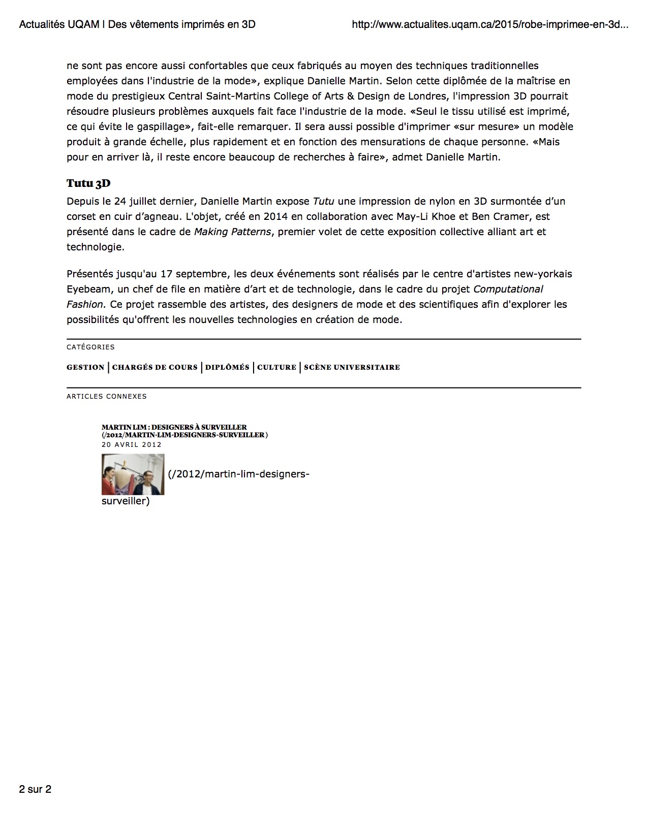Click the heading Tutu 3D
(x=88, y=184)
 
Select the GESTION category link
(x=85, y=367)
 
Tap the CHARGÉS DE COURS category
(x=155, y=367)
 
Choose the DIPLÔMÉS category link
(x=227, y=367)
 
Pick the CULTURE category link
(x=276, y=367)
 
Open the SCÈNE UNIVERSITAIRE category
(x=352, y=367)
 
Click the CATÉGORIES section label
(x=90, y=347)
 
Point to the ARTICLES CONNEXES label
(x=106, y=396)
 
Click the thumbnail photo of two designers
(x=133, y=474)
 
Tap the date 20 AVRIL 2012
(x=131, y=444)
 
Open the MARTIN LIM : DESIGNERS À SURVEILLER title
(x=174, y=428)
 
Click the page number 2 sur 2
(x=35, y=789)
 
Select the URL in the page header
(x=490, y=24)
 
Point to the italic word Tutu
(x=323, y=201)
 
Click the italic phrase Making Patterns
(x=232, y=232)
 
